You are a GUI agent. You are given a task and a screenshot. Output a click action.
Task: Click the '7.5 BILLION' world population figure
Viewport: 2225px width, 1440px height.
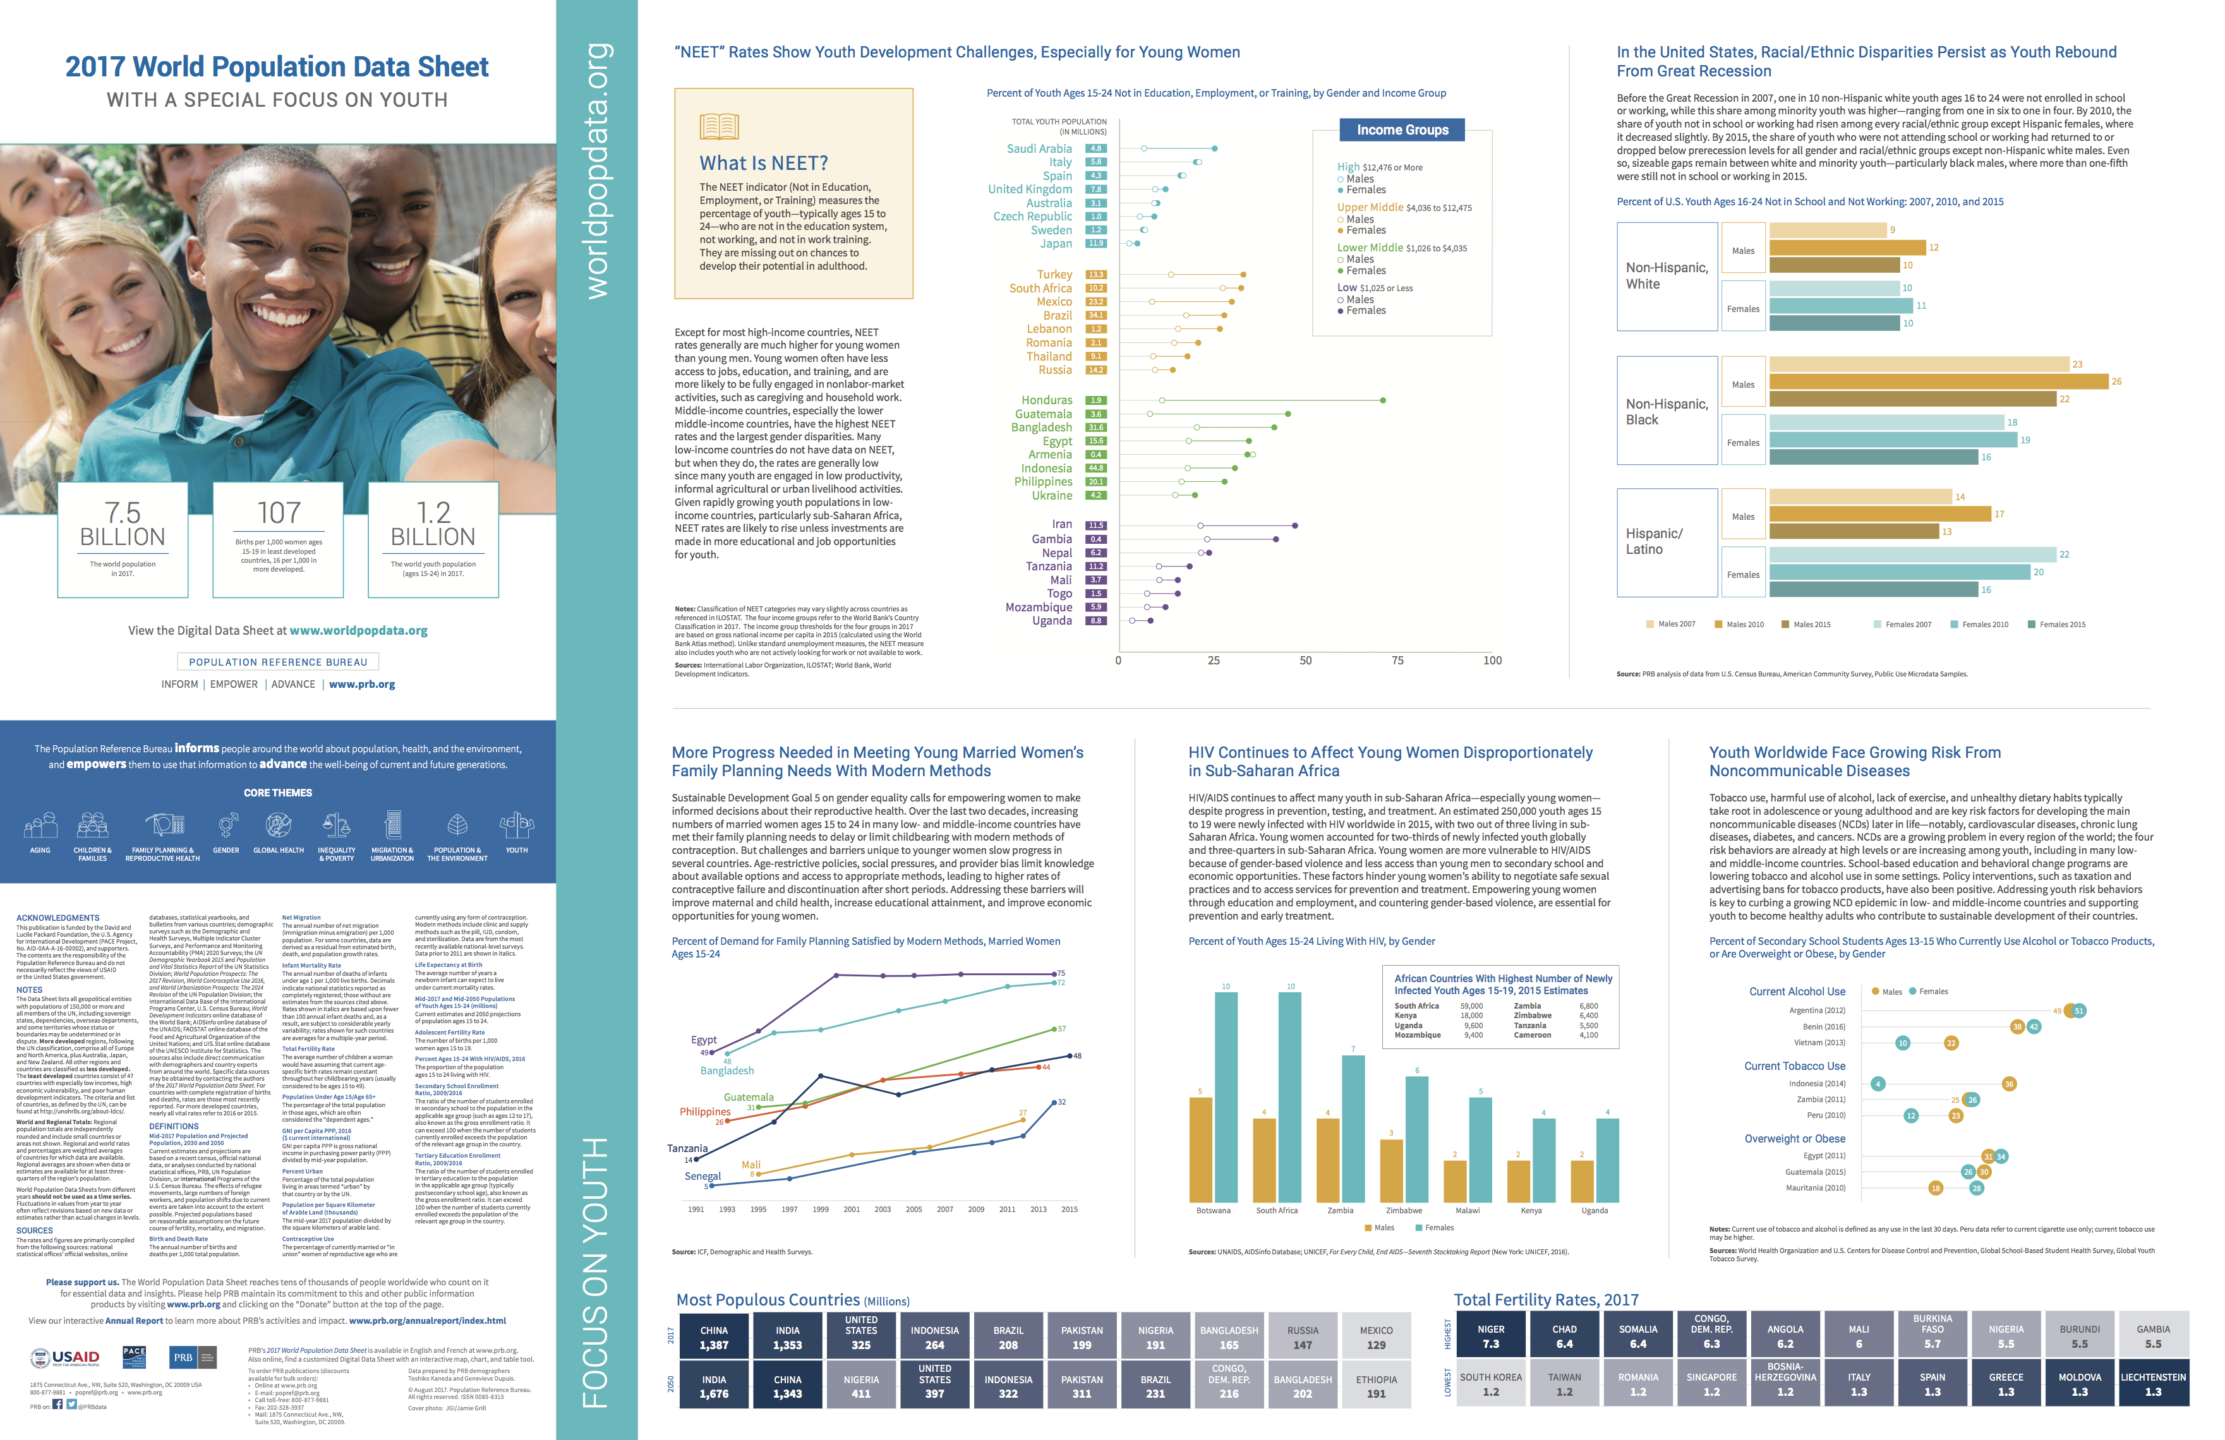[123, 524]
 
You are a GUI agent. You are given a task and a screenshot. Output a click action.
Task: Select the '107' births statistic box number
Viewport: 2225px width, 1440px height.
[279, 513]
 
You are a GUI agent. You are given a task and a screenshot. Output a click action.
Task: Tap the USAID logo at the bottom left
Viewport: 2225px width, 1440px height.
[66, 1357]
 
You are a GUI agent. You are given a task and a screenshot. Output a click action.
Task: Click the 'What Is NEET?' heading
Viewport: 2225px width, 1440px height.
[763, 164]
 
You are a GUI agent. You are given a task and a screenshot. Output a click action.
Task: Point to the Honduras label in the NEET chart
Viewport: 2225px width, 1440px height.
[1046, 400]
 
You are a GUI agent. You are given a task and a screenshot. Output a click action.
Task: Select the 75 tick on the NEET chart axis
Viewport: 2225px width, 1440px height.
[1397, 661]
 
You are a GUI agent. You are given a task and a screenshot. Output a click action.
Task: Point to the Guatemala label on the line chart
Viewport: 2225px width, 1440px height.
[748, 1097]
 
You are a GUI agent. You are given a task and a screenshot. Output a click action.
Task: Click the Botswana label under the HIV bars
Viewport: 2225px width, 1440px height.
[1212, 1210]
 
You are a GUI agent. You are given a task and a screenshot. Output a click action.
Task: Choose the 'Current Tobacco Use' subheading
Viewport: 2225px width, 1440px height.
[1794, 1066]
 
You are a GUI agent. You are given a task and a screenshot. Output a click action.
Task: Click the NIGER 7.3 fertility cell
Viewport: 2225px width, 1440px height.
[1490, 1336]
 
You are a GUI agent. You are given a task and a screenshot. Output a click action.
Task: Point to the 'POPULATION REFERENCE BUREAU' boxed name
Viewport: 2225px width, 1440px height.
[278, 662]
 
